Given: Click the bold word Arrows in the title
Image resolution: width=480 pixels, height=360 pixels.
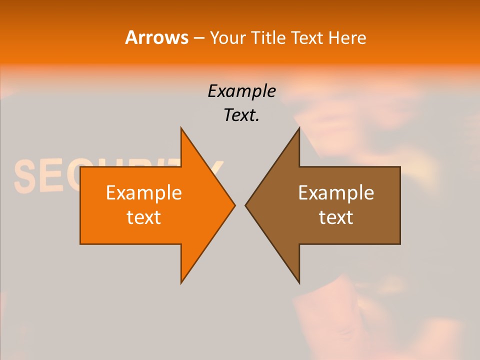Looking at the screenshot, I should (x=156, y=37).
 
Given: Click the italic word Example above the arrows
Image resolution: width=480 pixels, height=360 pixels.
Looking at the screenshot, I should (x=241, y=91).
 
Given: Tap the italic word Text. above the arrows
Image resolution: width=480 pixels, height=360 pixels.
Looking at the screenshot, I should (x=241, y=115).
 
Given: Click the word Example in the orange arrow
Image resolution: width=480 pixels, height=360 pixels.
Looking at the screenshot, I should (x=144, y=192).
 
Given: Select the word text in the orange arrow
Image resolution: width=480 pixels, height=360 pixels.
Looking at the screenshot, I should (x=144, y=217).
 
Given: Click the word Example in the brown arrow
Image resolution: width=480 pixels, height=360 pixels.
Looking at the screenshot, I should (x=336, y=192).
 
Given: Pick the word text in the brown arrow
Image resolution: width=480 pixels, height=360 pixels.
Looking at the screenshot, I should (x=336, y=217).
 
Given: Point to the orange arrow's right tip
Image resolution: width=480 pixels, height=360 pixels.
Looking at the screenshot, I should (x=235, y=205).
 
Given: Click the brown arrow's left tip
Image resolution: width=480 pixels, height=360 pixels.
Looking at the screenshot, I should (x=245, y=205).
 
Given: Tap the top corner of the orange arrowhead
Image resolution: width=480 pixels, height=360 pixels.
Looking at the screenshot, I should (x=181, y=128).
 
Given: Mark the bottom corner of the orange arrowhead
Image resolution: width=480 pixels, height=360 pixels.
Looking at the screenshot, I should (x=181, y=283).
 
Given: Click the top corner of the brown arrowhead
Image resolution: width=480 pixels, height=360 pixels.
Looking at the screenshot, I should (x=299, y=128).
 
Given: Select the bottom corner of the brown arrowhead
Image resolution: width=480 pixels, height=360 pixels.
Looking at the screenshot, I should (x=299, y=283).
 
